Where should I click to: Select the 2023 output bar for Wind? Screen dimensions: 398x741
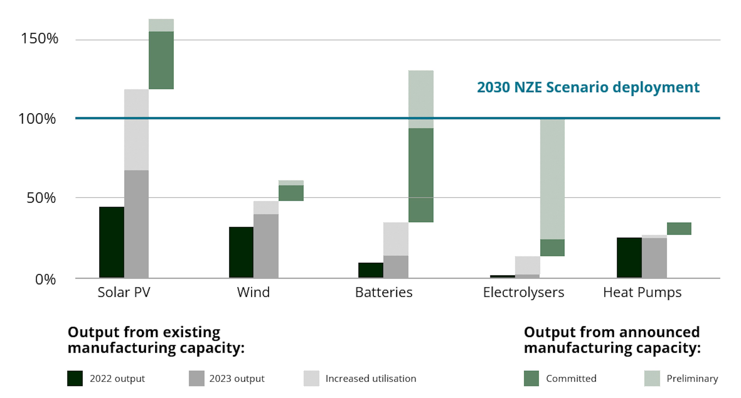pyautogui.click(x=266, y=246)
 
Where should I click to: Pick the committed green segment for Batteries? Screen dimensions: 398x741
pyautogui.click(x=421, y=175)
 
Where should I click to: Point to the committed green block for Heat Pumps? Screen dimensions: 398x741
pyautogui.click(x=679, y=228)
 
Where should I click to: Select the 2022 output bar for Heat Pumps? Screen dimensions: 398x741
pyautogui.click(x=629, y=258)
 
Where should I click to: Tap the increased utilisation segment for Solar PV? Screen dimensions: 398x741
pyautogui.click(x=136, y=130)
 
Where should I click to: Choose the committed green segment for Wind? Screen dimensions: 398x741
pyautogui.click(x=291, y=193)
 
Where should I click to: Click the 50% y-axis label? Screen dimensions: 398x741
pyautogui.click(x=41, y=198)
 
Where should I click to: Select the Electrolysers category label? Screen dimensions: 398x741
pyautogui.click(x=523, y=292)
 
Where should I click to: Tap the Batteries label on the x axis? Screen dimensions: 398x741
pyautogui.click(x=384, y=292)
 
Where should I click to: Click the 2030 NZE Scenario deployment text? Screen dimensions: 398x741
pyautogui.click(x=588, y=87)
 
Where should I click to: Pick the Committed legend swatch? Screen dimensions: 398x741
pyautogui.click(x=531, y=378)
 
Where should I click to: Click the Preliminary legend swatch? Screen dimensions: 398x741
pyautogui.click(x=652, y=378)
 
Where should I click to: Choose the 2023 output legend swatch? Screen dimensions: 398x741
pyautogui.click(x=196, y=378)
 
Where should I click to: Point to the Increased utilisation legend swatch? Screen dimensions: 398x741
pyautogui.click(x=311, y=378)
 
